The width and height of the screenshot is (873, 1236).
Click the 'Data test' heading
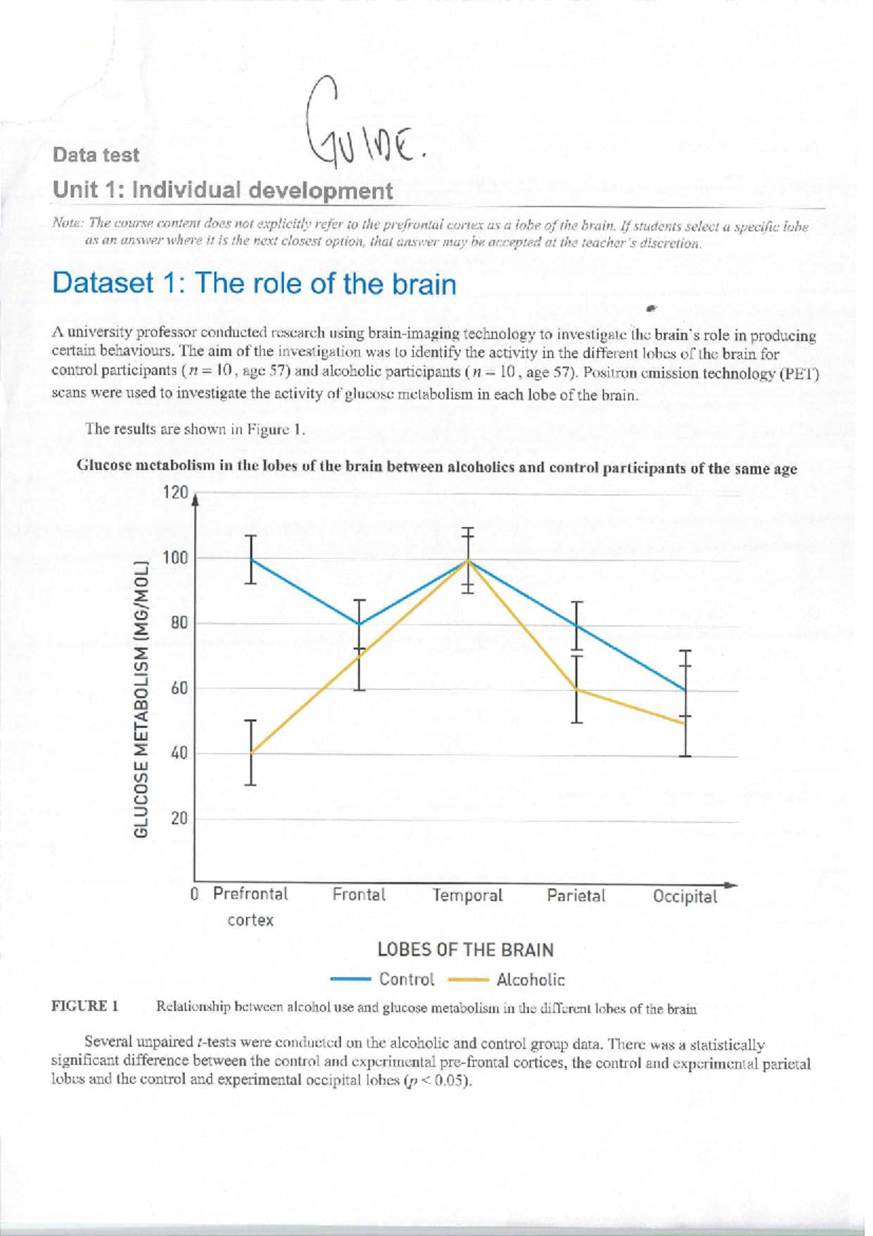(95, 155)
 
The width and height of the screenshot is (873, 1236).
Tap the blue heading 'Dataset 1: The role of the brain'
(254, 283)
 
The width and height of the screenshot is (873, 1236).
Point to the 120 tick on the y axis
(175, 493)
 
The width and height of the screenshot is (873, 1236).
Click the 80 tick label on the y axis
(179, 623)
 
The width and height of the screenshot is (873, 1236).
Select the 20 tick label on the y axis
(179, 818)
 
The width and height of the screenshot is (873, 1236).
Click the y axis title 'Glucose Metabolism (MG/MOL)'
(142, 699)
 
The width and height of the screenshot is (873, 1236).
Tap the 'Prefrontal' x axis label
(250, 893)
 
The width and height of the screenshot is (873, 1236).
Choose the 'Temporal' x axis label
(468, 895)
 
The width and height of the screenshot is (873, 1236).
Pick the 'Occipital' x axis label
(685, 896)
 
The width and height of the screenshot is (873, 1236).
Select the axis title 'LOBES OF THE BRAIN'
(466, 950)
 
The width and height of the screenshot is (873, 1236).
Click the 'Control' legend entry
(407, 979)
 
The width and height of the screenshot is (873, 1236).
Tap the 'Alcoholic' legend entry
(530, 980)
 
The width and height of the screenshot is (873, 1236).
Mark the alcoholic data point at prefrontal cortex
(250, 753)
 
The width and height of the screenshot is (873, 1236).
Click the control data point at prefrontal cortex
(251, 559)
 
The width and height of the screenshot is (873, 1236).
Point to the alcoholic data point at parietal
(577, 689)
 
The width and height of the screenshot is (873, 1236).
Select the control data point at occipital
(685, 690)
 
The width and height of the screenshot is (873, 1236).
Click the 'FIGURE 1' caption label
(84, 1007)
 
